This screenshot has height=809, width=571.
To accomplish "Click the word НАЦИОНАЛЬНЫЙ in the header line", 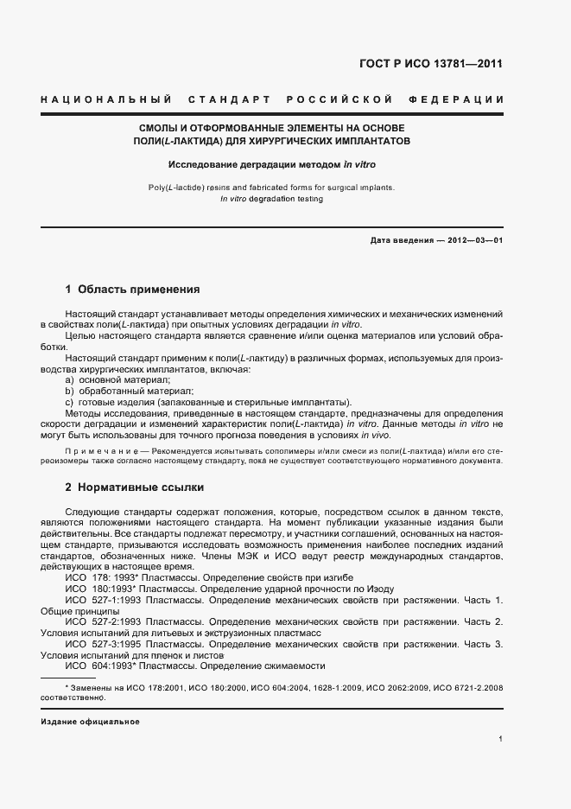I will click(106, 101).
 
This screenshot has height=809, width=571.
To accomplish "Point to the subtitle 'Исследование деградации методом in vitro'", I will click(271, 163).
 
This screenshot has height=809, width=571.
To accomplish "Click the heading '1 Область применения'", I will click(132, 289).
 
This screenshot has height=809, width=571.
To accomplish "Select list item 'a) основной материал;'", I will click(117, 380).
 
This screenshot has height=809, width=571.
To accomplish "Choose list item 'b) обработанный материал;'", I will click(126, 392).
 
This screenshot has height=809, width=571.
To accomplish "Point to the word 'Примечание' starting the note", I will click(103, 451).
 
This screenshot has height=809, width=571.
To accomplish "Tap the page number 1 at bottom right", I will click(500, 738).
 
